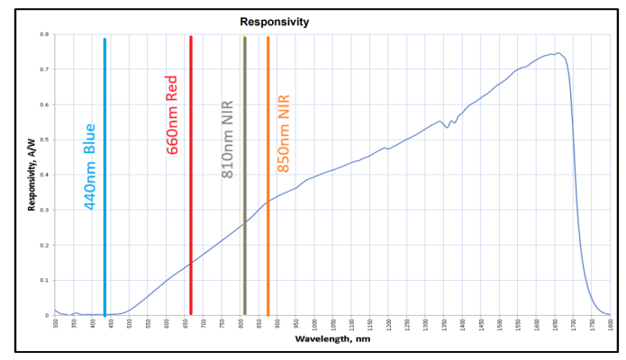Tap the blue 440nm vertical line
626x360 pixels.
tap(104, 180)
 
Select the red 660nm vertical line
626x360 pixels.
tap(191, 180)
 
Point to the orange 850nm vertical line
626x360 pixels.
tap(268, 180)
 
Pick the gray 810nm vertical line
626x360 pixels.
tap(244, 180)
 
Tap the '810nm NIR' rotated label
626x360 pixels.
tap(228, 139)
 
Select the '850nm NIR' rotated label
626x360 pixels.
tap(283, 133)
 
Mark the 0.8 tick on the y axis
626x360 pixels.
tap(44, 35)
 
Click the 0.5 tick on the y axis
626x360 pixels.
tap(44, 140)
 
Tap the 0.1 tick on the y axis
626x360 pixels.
tap(44, 280)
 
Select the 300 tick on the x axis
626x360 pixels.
tap(56, 323)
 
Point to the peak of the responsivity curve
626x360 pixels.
tap(558, 53)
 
